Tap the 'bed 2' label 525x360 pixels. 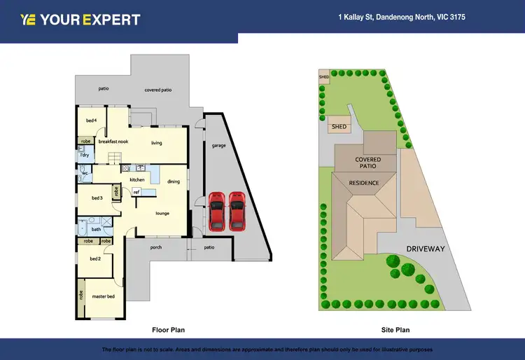click(x=95, y=258)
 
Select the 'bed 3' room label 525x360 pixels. click(x=97, y=198)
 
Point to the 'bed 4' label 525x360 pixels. click(x=91, y=120)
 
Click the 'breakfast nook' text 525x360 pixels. click(x=113, y=141)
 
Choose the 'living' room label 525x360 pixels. click(x=157, y=143)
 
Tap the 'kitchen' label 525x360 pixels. click(x=137, y=180)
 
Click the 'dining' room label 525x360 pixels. click(x=173, y=181)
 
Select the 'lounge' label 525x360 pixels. click(x=162, y=214)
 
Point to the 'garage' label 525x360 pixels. click(x=218, y=146)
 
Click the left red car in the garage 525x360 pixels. click(x=217, y=211)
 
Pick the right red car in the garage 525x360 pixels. click(x=238, y=211)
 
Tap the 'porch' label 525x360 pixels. click(x=157, y=247)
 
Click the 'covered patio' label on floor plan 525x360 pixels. click(x=158, y=90)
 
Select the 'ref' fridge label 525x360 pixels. click(x=136, y=192)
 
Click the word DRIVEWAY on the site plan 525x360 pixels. click(x=425, y=249)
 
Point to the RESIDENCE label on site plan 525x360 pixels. click(x=364, y=184)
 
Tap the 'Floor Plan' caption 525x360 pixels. click(x=168, y=329)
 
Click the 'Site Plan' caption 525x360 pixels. click(x=395, y=329)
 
